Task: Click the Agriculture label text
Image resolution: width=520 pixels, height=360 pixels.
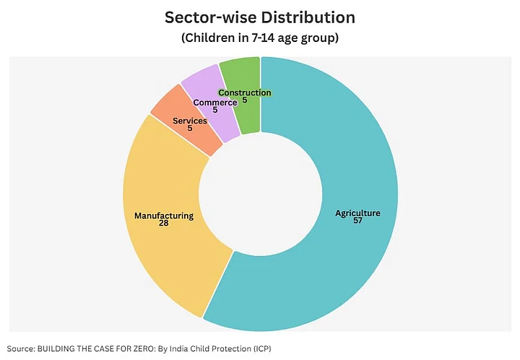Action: click(x=357, y=213)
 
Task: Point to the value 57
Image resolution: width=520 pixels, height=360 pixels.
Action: click(x=357, y=220)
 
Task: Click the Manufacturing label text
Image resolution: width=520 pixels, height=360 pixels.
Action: click(x=164, y=215)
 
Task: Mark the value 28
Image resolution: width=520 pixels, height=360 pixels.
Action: click(x=164, y=223)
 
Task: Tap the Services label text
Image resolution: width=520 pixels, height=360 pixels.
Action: click(x=190, y=121)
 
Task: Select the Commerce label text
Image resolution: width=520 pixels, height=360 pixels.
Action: click(x=215, y=103)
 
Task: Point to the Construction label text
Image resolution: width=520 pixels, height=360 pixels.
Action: click(x=245, y=93)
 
